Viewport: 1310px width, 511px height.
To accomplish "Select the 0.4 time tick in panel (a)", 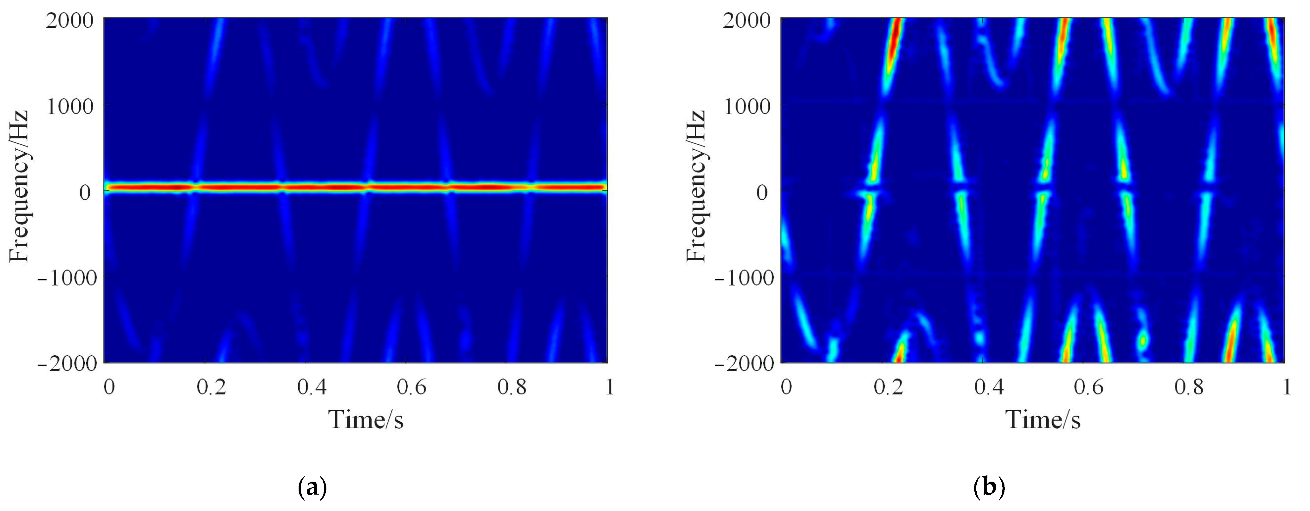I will [x=312, y=388].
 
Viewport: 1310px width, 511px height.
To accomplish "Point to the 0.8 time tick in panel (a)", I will [x=512, y=388].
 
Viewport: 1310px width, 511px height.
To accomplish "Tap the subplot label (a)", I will [x=311, y=487].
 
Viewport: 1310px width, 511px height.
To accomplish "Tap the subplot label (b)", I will [x=989, y=487].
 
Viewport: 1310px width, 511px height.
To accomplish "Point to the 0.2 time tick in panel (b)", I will [x=888, y=388].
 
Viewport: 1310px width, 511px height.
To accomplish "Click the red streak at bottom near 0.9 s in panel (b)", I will [x=1230, y=341].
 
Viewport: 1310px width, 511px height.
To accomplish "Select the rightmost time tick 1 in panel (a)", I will [x=610, y=388].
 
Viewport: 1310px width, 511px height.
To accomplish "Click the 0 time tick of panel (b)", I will [x=786, y=388].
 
